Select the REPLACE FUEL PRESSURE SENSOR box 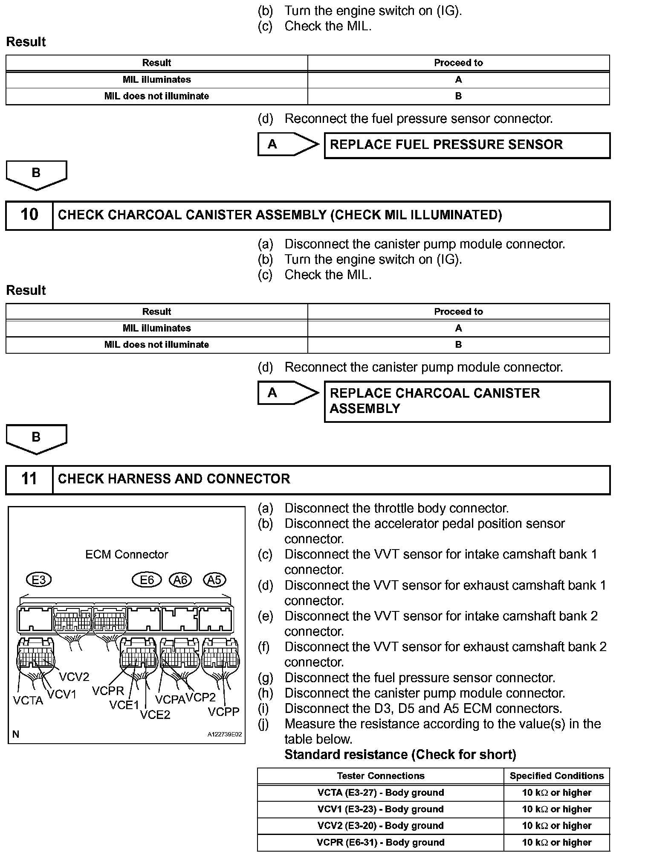(467, 145)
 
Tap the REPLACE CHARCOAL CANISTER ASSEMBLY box (467, 401)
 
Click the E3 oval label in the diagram (38, 580)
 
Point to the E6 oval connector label (147, 580)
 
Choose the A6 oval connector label (180, 580)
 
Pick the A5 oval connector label (214, 580)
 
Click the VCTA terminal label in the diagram (28, 701)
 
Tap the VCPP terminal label (223, 712)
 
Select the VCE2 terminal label (155, 715)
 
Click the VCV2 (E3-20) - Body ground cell (380, 826)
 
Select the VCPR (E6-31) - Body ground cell (380, 842)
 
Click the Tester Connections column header (380, 776)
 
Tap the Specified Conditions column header (557, 776)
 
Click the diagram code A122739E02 (225, 735)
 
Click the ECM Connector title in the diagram (127, 554)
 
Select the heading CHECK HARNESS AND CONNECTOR (174, 479)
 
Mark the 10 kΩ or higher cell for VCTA (557, 792)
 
